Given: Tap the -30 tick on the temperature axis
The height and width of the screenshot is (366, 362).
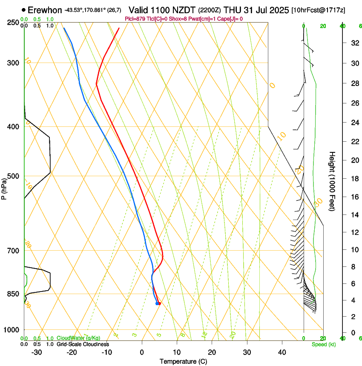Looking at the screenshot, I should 37,352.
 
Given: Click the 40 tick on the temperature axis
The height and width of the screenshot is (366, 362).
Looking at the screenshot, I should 282,352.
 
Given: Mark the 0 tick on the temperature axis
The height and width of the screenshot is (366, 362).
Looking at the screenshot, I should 142,352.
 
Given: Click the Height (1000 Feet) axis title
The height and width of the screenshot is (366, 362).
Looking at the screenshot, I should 332,181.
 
